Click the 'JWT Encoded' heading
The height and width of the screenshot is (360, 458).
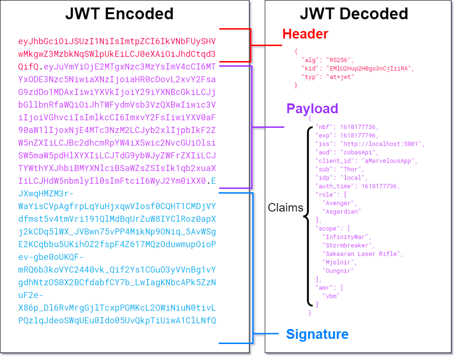coord(119,14)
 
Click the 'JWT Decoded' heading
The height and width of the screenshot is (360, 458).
coord(354,14)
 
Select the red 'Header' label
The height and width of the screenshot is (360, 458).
coord(305,34)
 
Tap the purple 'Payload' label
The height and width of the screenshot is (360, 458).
coord(312,109)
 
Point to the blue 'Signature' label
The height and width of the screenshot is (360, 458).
coord(318,334)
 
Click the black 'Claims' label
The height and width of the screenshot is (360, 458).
coord(286,208)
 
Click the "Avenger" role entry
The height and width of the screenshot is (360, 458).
coord(339,203)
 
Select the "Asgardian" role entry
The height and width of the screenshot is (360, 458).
coord(342,211)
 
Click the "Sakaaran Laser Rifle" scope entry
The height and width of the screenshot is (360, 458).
coord(363,254)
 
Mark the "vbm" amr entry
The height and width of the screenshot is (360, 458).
coord(332,296)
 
